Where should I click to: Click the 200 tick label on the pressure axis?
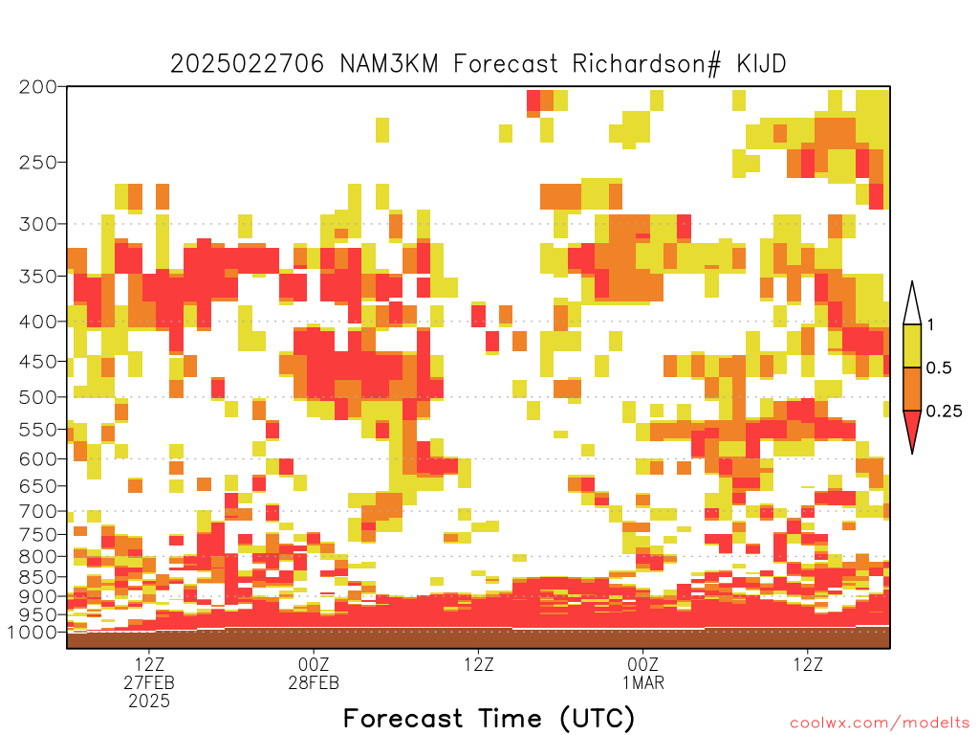click(x=37, y=87)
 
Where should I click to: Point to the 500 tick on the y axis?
click(x=37, y=397)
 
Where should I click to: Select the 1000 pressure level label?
click(x=33, y=633)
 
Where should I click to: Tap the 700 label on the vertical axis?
click(x=37, y=512)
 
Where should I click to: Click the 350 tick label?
click(x=37, y=277)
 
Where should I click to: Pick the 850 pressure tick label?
click(x=37, y=577)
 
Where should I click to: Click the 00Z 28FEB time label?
click(x=314, y=673)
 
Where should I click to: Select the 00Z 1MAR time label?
click(x=643, y=673)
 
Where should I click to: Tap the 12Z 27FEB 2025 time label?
click(x=148, y=682)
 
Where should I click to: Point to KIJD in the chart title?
click(x=761, y=64)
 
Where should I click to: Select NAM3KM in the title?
click(x=389, y=64)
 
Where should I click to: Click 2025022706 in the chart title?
click(x=248, y=64)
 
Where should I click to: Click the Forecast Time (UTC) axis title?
click(x=489, y=719)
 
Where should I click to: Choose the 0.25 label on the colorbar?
click(x=944, y=412)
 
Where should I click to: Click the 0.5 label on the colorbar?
click(x=939, y=368)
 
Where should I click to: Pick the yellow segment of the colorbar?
click(x=912, y=345)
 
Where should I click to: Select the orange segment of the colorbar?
click(x=912, y=389)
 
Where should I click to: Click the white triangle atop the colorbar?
click(x=912, y=307)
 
